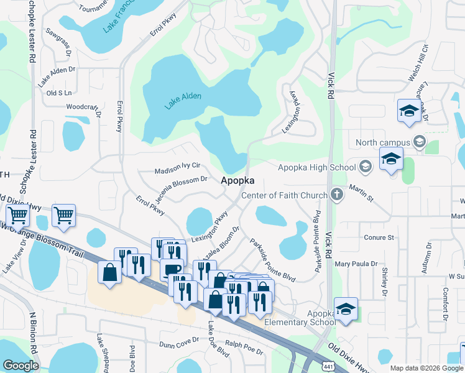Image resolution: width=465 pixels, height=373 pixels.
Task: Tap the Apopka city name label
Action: pyautogui.click(x=238, y=180)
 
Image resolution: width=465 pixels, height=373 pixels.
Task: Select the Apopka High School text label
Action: pyautogui.click(x=316, y=167)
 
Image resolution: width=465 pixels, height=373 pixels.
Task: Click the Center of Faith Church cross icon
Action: pyautogui.click(x=336, y=195)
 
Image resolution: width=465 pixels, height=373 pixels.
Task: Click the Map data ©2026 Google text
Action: pyautogui.click(x=426, y=367)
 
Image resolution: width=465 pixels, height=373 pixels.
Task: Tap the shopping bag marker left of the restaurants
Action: pyautogui.click(x=109, y=274)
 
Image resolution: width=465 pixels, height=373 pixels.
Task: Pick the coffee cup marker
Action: pyautogui.click(x=172, y=270)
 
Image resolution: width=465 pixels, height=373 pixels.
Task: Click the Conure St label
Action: pyautogui.click(x=379, y=237)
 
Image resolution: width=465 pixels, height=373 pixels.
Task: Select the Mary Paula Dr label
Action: pyautogui.click(x=356, y=264)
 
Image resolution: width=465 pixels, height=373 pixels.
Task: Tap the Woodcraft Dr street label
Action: pyautogui.click(x=83, y=107)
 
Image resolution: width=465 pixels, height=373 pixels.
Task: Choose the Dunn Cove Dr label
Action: pyautogui.click(x=178, y=343)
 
